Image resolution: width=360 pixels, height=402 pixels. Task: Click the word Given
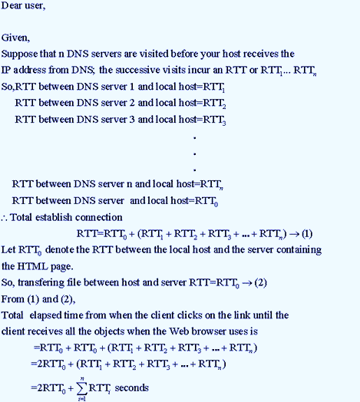click(15, 38)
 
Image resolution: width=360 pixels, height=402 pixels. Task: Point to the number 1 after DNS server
click(132, 87)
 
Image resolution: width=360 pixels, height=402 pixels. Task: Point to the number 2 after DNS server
click(132, 103)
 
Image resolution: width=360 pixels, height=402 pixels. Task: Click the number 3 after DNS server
click(132, 119)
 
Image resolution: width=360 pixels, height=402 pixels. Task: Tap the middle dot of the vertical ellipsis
click(195, 154)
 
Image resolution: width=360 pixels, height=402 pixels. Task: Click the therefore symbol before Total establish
click(5, 218)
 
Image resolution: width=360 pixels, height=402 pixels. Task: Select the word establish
click(54, 217)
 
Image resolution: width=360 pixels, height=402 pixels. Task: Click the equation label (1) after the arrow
click(307, 234)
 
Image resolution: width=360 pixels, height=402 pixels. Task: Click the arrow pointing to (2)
click(247, 283)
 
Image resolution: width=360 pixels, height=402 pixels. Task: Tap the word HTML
click(32, 266)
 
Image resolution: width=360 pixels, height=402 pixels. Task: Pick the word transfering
click(41, 282)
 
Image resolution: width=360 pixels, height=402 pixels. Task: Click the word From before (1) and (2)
click(13, 299)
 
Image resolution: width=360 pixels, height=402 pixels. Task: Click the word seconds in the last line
click(131, 387)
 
